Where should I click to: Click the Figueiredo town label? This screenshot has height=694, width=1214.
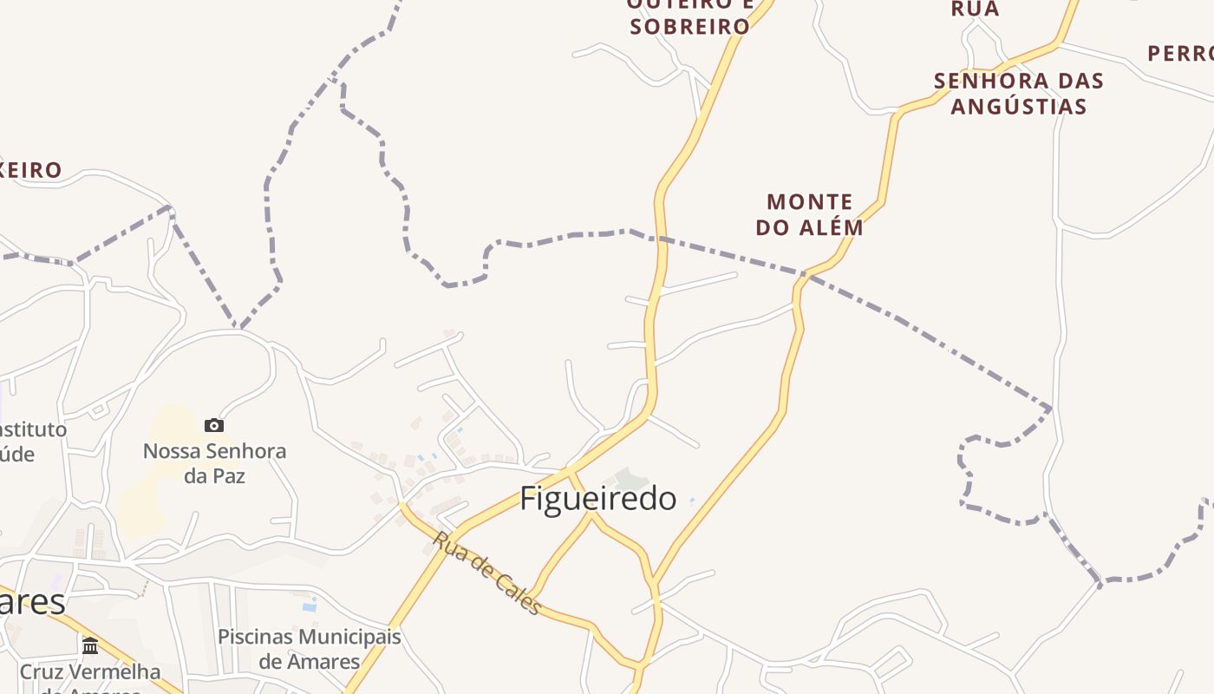(x=598, y=499)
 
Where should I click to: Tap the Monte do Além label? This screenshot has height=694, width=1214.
(x=810, y=215)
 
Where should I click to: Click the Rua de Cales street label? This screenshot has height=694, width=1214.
(x=486, y=573)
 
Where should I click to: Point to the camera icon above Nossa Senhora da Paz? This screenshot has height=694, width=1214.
(x=214, y=425)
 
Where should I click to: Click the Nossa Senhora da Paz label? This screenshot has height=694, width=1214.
(x=214, y=463)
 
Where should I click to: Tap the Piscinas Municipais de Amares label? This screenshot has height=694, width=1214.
(x=310, y=649)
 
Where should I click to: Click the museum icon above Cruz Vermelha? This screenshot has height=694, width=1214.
(x=90, y=645)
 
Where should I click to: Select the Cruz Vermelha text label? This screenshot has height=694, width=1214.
(x=90, y=672)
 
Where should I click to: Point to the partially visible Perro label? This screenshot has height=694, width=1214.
(x=1179, y=54)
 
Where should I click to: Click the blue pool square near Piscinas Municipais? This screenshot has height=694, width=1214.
(x=309, y=605)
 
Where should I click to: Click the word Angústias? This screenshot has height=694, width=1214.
(x=1019, y=107)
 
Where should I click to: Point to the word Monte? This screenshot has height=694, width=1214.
(x=810, y=202)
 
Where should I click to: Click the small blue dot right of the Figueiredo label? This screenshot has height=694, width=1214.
(x=692, y=500)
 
